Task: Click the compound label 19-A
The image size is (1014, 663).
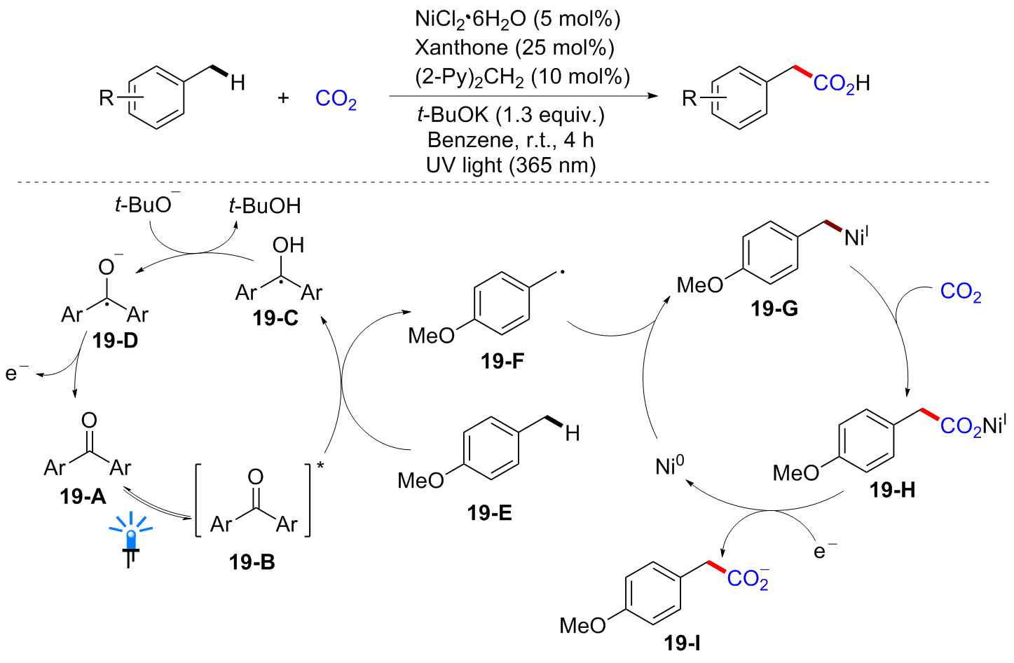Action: tap(83, 496)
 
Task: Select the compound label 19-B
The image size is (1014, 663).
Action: tap(252, 561)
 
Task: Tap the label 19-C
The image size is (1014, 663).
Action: tap(275, 318)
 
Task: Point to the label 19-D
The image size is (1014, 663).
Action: tap(115, 341)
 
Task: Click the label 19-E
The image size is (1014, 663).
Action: tap(489, 513)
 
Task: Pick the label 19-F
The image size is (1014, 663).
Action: tap(502, 361)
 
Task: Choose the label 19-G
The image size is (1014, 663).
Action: tap(774, 308)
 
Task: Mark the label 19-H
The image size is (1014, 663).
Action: tap(892, 490)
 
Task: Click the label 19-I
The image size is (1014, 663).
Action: tap(682, 643)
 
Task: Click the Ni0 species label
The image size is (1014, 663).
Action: tap(669, 465)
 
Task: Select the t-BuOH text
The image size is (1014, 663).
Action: tap(265, 205)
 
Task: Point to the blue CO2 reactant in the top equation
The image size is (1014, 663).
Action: tap(336, 99)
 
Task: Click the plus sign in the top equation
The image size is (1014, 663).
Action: tap(283, 98)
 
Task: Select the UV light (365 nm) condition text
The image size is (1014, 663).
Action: tap(511, 165)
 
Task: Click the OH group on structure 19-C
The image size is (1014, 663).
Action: tap(288, 245)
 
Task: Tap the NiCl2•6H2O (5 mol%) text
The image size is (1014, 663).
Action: tap(517, 19)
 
